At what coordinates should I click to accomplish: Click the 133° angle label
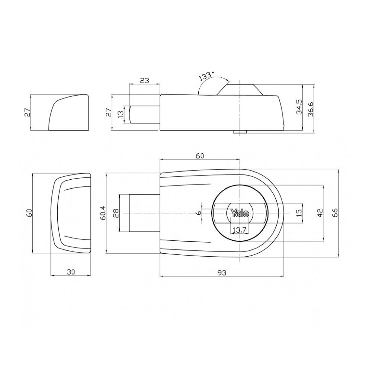(207, 76)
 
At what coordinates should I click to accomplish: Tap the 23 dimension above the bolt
(144, 80)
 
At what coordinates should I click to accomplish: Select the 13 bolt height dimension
(121, 114)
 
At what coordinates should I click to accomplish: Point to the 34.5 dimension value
(299, 107)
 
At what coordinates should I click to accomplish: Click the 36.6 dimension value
(311, 109)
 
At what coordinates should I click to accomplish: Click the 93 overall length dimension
(222, 273)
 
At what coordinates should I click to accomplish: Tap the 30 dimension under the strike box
(70, 272)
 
